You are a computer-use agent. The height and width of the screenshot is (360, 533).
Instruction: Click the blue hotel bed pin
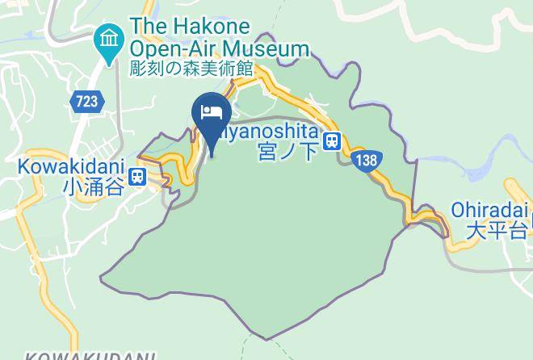tap(212, 114)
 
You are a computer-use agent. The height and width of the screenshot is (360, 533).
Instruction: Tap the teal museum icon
tap(107, 38)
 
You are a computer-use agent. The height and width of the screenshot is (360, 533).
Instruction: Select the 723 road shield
tap(85, 101)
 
